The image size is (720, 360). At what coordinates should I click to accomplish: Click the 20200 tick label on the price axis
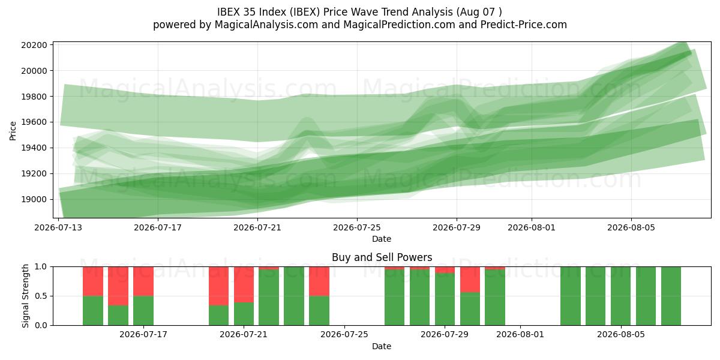[x=34, y=45]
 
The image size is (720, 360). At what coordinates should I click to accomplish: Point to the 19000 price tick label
[x=34, y=199]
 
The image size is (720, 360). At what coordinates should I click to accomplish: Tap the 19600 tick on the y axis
[x=34, y=122]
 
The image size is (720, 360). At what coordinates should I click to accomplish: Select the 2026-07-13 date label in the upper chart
[x=58, y=227]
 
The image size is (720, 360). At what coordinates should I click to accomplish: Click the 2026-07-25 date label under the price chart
[x=357, y=227]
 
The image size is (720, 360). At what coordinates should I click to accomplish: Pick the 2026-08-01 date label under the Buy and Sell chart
[x=520, y=335]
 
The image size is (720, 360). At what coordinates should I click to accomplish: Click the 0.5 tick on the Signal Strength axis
[x=41, y=296]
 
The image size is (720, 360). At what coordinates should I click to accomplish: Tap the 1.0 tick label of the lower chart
[x=41, y=267]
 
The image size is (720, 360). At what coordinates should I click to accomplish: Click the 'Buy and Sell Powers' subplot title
[x=382, y=257]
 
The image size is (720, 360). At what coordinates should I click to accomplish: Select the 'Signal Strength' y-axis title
[x=25, y=296]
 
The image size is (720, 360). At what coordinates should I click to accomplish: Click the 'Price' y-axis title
[x=13, y=131]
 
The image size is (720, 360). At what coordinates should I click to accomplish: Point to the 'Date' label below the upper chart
[x=382, y=239]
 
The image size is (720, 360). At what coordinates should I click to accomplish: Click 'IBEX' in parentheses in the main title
[x=305, y=12]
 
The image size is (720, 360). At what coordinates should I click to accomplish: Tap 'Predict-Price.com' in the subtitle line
[x=524, y=25]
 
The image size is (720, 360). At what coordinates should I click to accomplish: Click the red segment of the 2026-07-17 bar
[x=143, y=281]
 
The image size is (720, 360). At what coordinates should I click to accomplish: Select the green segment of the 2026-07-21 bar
[x=244, y=314]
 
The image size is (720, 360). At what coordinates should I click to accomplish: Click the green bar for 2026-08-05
[x=620, y=296]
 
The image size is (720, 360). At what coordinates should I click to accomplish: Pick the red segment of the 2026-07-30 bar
[x=470, y=280]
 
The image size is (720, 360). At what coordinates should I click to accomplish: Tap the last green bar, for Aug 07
[x=671, y=296]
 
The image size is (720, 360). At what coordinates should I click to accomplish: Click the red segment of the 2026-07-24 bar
[x=319, y=281]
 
